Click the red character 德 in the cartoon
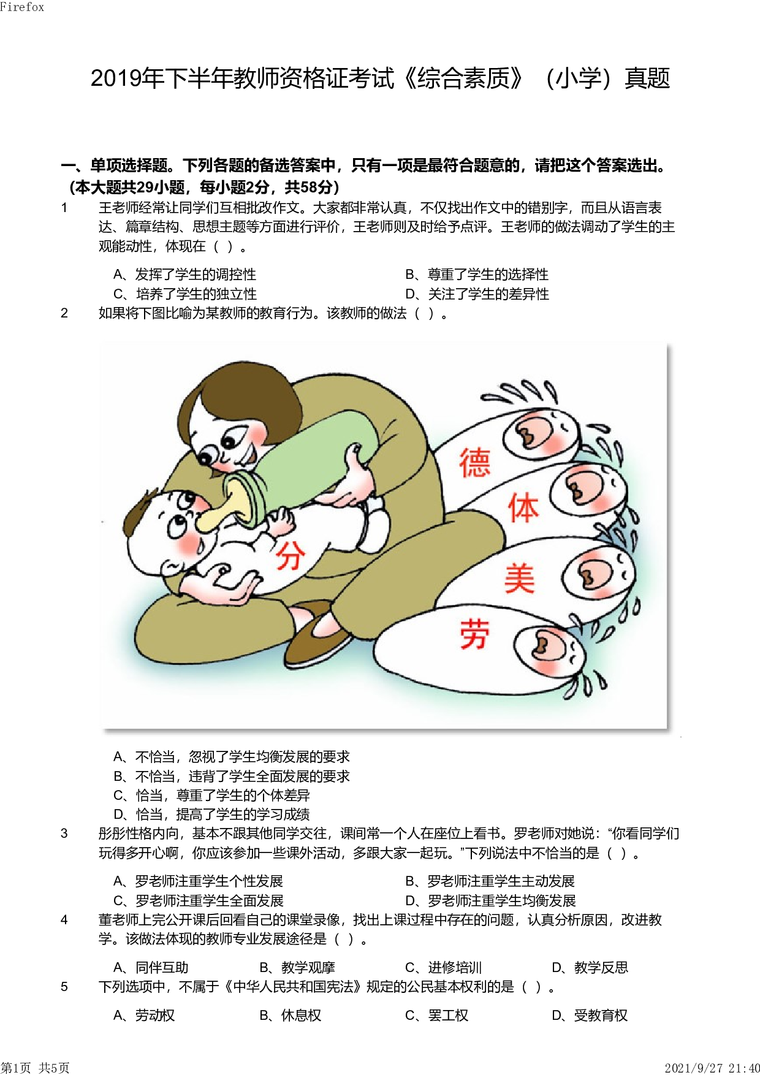[475, 463]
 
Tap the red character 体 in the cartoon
[523, 508]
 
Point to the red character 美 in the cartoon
[520, 579]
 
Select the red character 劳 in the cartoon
[475, 634]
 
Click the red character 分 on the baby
[289, 555]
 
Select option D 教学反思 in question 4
[590, 968]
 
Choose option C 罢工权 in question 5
[437, 1016]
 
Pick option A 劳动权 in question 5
[145, 1016]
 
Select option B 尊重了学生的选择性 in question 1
[477, 275]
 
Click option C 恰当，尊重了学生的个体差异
[212, 796]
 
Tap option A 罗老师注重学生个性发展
[199, 881]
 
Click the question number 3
[64, 834]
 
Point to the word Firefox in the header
[22, 7]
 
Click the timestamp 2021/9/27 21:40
[712, 1068]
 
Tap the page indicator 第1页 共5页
[35, 1068]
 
